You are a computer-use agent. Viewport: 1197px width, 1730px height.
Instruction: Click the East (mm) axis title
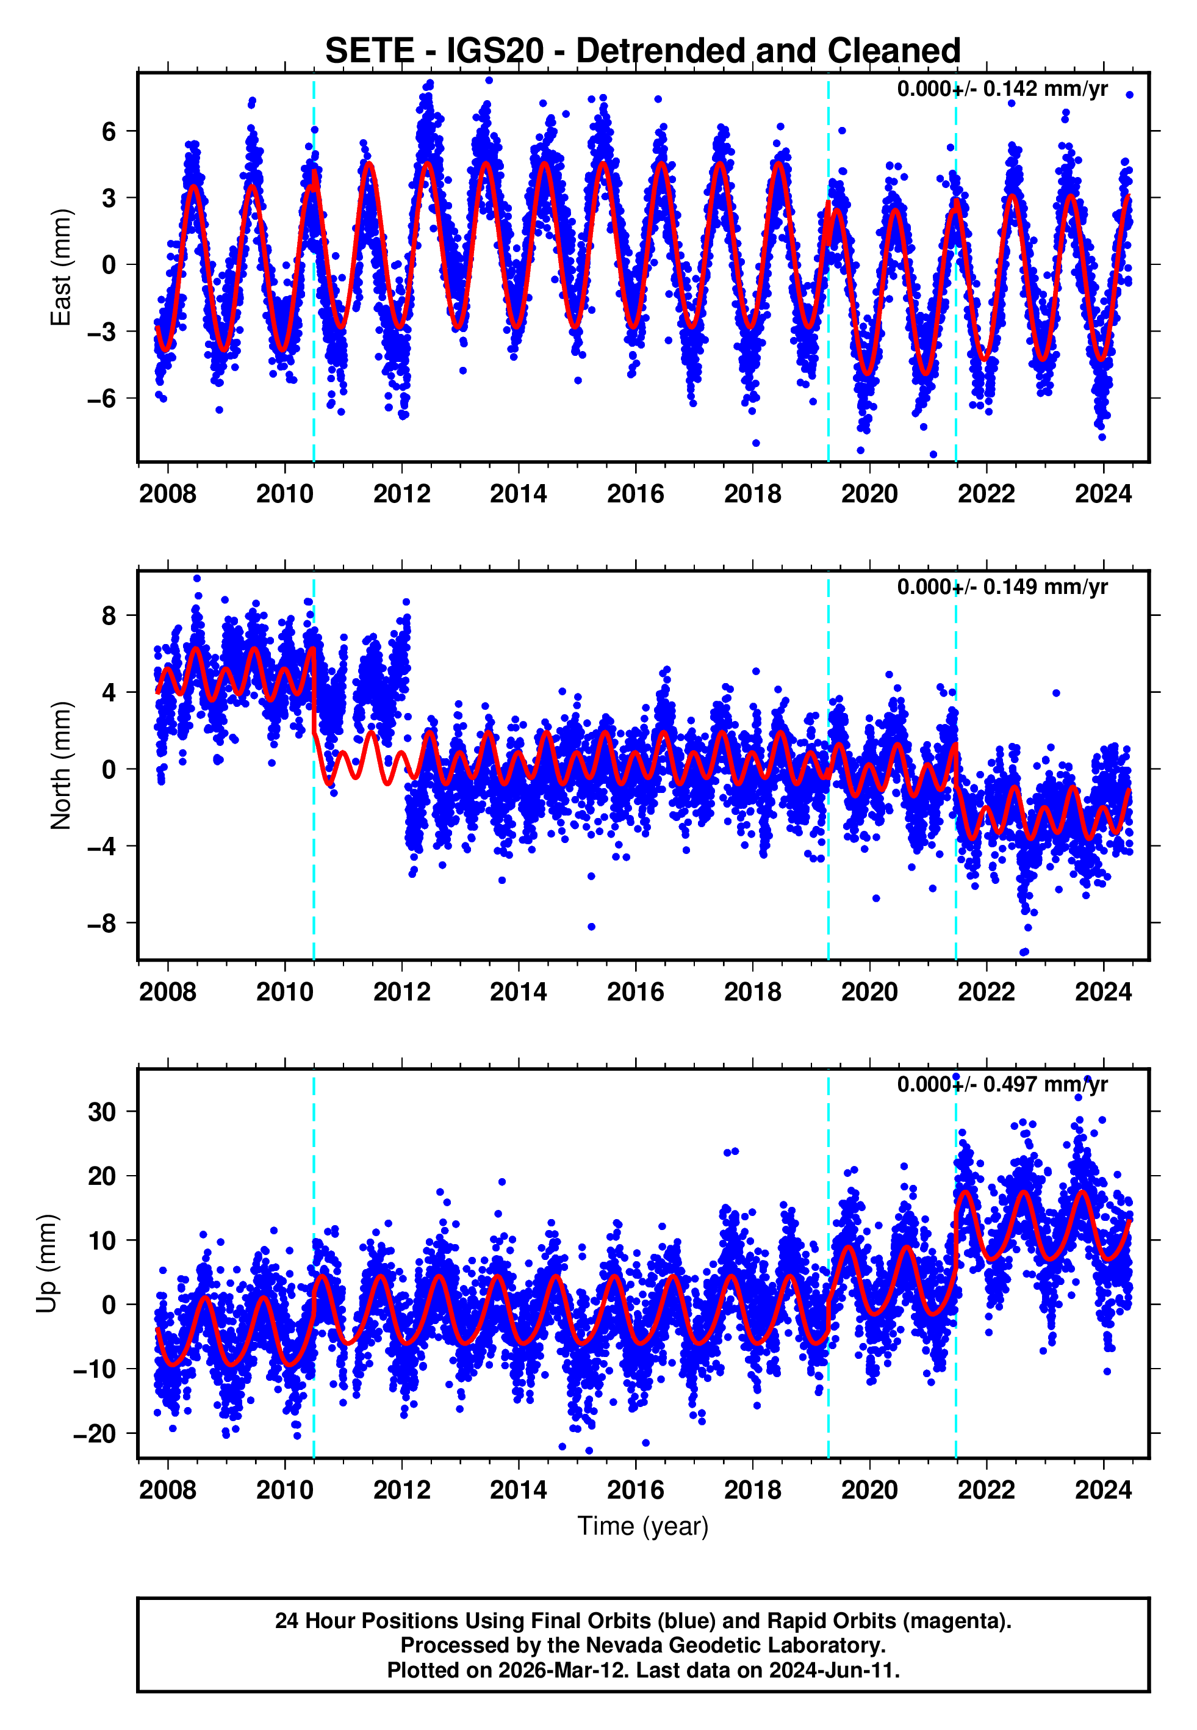60,268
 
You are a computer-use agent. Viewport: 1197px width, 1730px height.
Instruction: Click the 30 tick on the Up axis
102,1112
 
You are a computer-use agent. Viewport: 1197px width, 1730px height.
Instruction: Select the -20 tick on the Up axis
95,1434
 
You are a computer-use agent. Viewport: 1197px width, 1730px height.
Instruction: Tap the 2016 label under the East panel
635,494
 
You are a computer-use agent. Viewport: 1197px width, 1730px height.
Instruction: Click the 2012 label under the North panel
401,992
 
